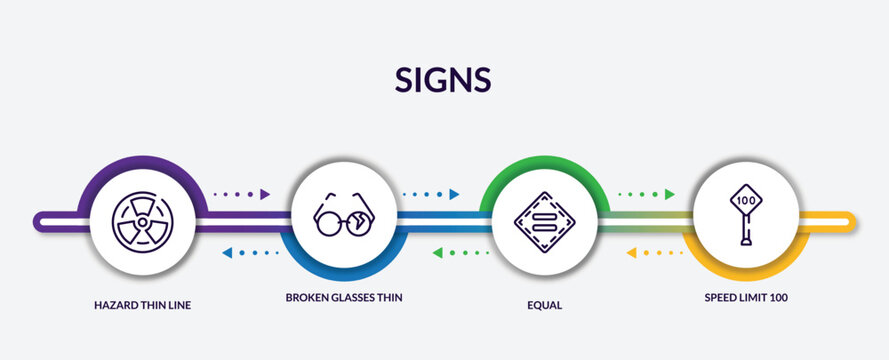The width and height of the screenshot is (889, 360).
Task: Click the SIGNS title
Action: (x=444, y=80)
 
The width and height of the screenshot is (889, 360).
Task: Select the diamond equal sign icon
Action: (x=545, y=220)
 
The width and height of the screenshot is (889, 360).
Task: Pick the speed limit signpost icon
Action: (x=746, y=217)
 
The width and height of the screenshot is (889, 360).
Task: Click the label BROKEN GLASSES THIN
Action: (x=344, y=298)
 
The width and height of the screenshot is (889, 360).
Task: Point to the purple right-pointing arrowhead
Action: (x=266, y=194)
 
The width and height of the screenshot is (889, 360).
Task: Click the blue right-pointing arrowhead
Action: (x=455, y=194)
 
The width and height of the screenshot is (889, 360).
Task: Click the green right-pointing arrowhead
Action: (x=670, y=194)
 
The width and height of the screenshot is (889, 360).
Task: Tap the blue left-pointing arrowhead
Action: (x=227, y=253)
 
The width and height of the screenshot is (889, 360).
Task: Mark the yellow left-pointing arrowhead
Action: (x=632, y=253)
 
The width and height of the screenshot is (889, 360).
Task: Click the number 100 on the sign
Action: (x=746, y=200)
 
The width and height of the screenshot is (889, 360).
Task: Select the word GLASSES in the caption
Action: (x=353, y=298)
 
